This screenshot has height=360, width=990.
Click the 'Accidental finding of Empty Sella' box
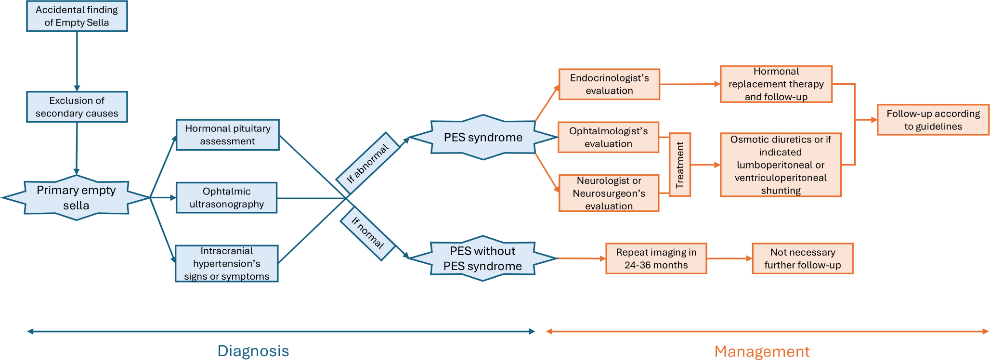click(x=77, y=16)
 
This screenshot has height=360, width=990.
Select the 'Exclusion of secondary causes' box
click(x=77, y=107)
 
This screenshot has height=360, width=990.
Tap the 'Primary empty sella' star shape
click(x=76, y=198)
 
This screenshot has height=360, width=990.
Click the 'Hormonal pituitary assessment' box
click(x=227, y=135)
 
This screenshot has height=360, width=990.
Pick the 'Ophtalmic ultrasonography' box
click(x=226, y=198)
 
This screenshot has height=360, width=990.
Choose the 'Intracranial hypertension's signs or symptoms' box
click(x=226, y=264)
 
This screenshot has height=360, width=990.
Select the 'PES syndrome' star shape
click(x=483, y=138)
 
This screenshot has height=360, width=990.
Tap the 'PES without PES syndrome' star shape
click(x=482, y=258)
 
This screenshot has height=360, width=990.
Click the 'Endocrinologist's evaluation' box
click(x=609, y=84)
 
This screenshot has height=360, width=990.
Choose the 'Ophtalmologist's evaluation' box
click(x=608, y=137)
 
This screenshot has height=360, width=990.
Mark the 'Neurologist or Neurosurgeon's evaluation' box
click(x=609, y=193)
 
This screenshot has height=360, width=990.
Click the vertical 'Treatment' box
click(x=680, y=165)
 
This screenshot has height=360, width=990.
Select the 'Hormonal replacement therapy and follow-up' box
click(x=776, y=84)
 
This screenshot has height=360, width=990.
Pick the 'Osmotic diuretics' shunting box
click(x=781, y=165)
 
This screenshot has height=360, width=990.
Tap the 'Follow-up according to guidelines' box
click(x=933, y=120)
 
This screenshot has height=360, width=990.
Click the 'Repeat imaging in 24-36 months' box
click(x=656, y=258)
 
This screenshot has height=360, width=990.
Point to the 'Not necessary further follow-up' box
click(x=802, y=258)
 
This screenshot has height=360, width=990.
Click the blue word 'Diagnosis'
click(x=253, y=351)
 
